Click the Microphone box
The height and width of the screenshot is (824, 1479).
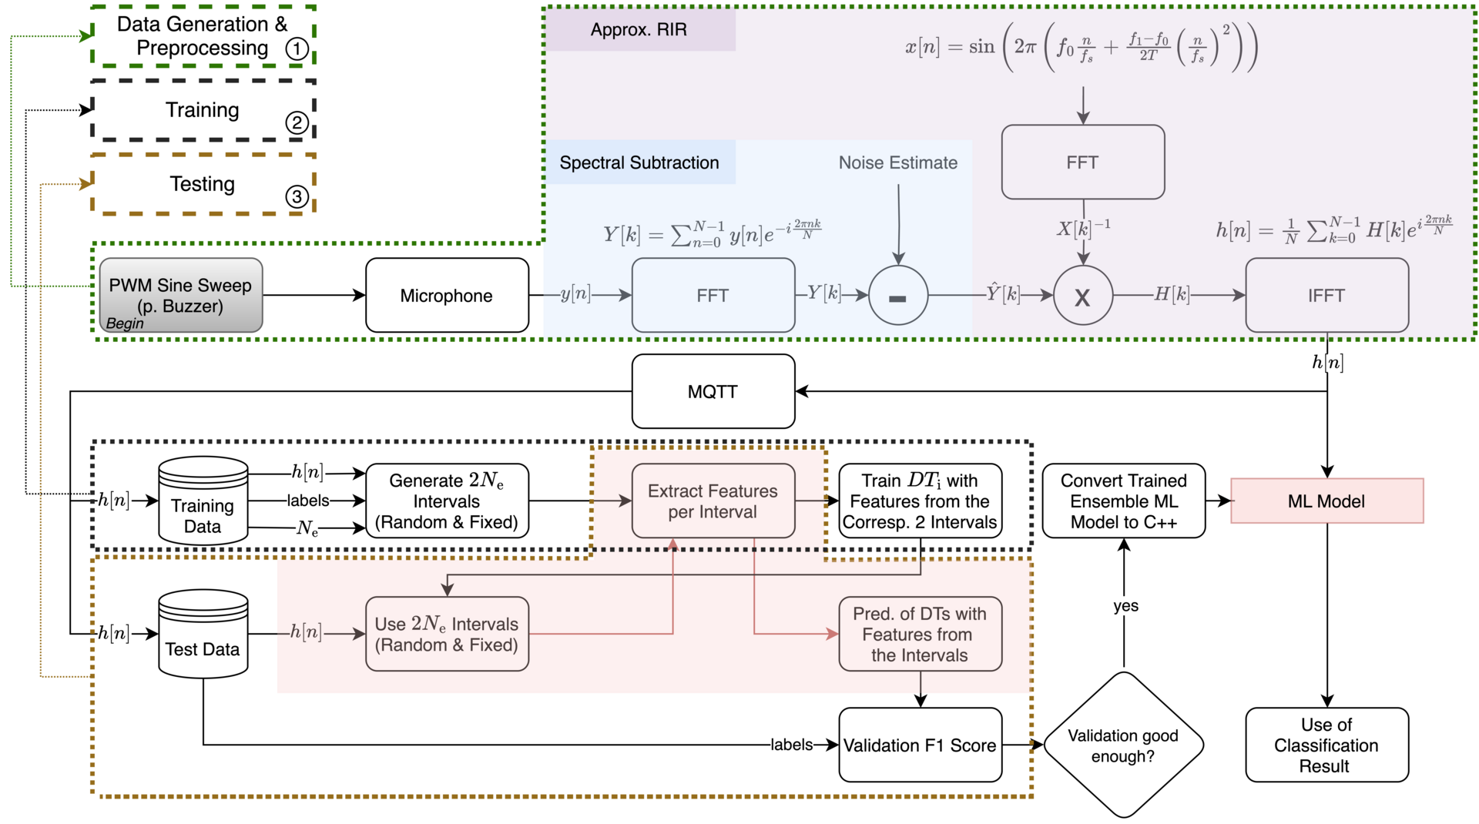click(x=447, y=295)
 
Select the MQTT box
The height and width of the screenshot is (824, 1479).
click(x=713, y=391)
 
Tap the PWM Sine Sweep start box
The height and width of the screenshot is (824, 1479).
click(x=181, y=295)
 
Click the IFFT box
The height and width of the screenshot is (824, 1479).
click(x=1326, y=295)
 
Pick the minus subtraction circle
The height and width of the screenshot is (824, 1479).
click(x=898, y=295)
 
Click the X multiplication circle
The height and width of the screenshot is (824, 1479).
click(x=1083, y=295)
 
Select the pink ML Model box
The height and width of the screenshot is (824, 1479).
click(x=1326, y=501)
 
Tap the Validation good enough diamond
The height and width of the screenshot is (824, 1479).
click(x=1124, y=745)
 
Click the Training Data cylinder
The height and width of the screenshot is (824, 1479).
click(x=203, y=501)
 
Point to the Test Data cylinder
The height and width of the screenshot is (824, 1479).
click(x=203, y=634)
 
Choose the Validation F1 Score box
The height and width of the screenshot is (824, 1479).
click(x=921, y=745)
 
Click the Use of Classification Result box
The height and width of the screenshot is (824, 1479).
click(x=1326, y=745)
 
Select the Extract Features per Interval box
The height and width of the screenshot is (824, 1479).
click(x=713, y=501)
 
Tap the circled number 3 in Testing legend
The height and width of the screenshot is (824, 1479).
click(x=297, y=196)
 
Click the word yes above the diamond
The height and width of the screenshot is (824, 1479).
click(x=1125, y=606)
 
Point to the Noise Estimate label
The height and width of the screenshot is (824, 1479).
click(x=898, y=162)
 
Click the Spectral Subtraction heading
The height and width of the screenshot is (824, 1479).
click(x=639, y=162)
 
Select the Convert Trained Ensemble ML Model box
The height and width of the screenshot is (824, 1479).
click(x=1124, y=501)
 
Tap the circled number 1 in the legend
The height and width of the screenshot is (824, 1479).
click(x=297, y=49)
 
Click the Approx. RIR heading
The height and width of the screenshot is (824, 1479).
click(x=639, y=29)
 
